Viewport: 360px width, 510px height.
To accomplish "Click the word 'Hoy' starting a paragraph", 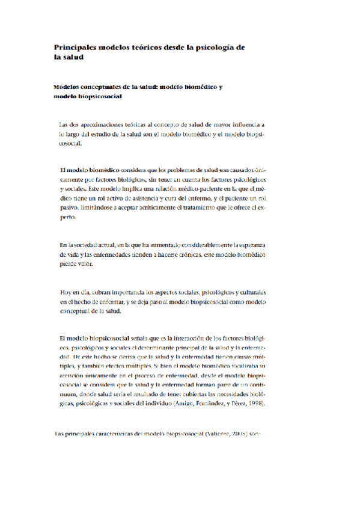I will (x=66, y=292).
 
